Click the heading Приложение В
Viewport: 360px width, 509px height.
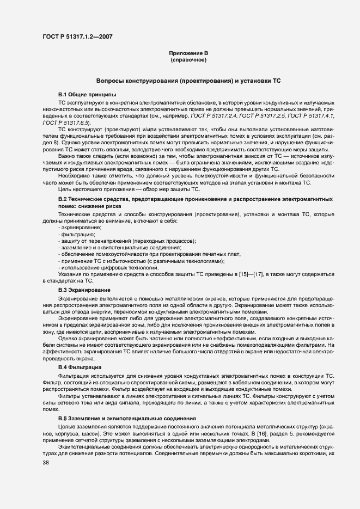[x=188, y=53]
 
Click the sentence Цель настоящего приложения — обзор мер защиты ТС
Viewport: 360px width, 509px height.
[x=129, y=189]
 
